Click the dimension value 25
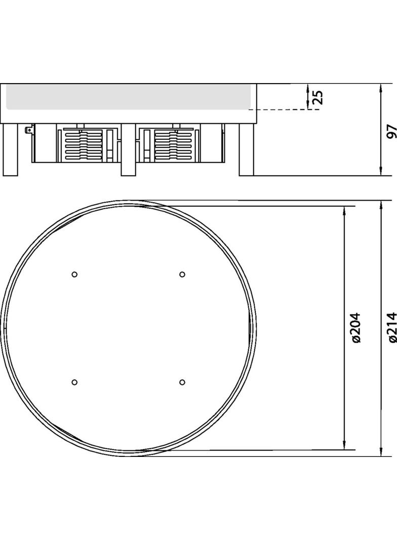[x=317, y=97]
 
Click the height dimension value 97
[x=390, y=131]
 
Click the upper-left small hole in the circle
[x=74, y=274]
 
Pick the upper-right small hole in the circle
[x=182, y=274]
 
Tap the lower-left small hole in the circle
[x=74, y=381]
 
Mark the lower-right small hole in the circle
[x=182, y=381]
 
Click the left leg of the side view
[x=10, y=150]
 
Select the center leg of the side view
[x=128, y=150]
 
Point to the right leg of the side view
[x=246, y=150]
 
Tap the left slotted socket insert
[x=84, y=145]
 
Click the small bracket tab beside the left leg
[x=29, y=130]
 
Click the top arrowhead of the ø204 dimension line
[x=344, y=210]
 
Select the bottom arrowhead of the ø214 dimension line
[x=381, y=452]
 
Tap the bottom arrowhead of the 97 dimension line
[x=381, y=172]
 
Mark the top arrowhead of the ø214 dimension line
[x=381, y=205]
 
